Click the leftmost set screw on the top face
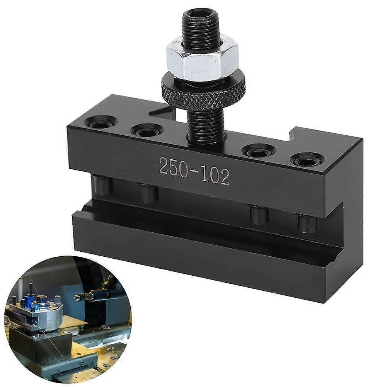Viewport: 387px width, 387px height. pos(101,123)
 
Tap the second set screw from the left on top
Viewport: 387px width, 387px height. pos(147,132)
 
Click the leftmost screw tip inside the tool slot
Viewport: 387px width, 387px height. pos(102,185)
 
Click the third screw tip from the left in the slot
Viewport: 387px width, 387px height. pos(259,214)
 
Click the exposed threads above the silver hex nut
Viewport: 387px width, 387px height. pos(201,31)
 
